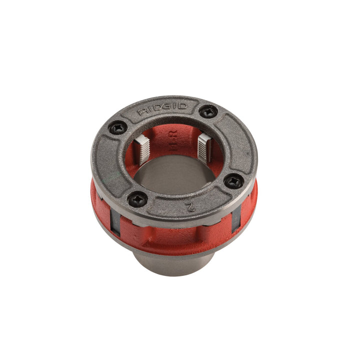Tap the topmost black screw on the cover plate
coord(208,111)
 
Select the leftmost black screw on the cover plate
coord(118,128)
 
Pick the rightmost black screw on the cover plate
coord(234,181)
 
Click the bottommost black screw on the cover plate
coord(137,199)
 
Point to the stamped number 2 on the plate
coord(189,206)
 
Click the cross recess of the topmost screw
coord(208,111)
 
